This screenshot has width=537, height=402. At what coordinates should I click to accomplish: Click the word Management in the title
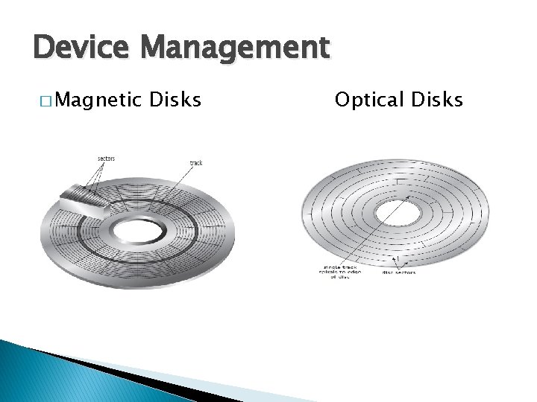(234, 48)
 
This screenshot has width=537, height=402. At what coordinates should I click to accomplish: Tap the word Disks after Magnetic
(175, 98)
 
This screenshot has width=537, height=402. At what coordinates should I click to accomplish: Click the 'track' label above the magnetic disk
(196, 163)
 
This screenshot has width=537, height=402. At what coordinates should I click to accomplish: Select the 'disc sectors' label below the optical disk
(400, 272)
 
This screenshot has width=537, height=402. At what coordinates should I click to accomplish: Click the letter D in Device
(43, 48)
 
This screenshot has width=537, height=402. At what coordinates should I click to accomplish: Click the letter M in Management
(157, 48)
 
